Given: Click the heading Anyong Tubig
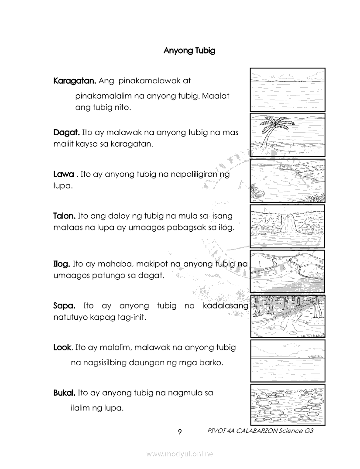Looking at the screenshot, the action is [x=189, y=51].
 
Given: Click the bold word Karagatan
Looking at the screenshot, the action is [x=75, y=81].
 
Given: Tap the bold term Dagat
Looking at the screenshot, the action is [x=66, y=132].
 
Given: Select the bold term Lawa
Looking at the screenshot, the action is [x=63, y=174].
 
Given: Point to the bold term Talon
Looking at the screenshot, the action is [x=64, y=216].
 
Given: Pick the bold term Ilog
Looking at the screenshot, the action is [x=62, y=264].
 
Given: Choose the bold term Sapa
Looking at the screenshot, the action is [x=64, y=306].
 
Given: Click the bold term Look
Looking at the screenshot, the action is [x=62, y=348].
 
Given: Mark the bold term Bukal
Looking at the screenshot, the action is [x=64, y=393].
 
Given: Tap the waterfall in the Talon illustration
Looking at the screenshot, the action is [x=288, y=224].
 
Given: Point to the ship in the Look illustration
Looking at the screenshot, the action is [x=315, y=356].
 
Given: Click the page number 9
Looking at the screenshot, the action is [x=179, y=431].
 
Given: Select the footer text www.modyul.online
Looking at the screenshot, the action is [x=179, y=454].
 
